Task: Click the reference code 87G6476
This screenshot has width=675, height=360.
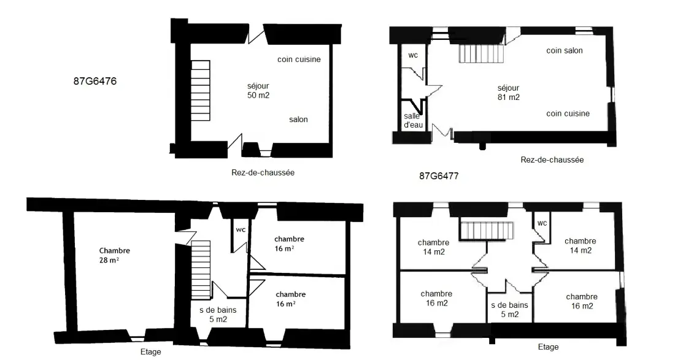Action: click(94, 82)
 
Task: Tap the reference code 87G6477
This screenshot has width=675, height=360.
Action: click(439, 176)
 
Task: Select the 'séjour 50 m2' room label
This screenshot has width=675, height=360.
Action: click(258, 91)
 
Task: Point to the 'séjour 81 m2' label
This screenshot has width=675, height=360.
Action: click(509, 93)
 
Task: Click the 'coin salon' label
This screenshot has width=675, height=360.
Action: click(565, 50)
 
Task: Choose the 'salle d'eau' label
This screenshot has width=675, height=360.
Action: click(413, 120)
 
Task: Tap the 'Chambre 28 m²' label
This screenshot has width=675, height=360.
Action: click(115, 256)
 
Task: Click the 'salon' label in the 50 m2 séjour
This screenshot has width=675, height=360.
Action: click(298, 120)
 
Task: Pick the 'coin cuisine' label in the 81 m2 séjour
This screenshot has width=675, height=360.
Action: click(568, 113)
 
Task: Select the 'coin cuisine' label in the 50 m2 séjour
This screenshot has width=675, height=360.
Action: click(299, 59)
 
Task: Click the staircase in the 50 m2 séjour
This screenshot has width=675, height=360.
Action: click(200, 90)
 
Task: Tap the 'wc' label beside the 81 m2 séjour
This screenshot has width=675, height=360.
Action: click(413, 55)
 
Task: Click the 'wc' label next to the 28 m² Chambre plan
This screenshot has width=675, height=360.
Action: click(241, 230)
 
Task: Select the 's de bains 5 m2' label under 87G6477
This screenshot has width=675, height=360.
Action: click(510, 310)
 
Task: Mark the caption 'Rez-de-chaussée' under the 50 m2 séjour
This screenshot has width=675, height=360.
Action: click(263, 172)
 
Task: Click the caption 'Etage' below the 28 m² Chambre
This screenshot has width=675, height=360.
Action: click(151, 352)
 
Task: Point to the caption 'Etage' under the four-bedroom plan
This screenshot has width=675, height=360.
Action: click(549, 347)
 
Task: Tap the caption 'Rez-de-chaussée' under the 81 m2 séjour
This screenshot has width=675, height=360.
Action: click(552, 159)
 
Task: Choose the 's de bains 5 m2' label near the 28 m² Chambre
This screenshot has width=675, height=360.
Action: click(218, 315)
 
